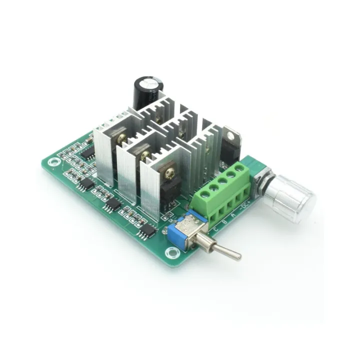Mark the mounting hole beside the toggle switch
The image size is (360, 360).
(x=172, y=253)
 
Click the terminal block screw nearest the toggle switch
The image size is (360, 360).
(x=202, y=193)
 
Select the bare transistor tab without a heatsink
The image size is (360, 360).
(x=231, y=135)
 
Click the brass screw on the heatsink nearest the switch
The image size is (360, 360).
(x=170, y=173)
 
